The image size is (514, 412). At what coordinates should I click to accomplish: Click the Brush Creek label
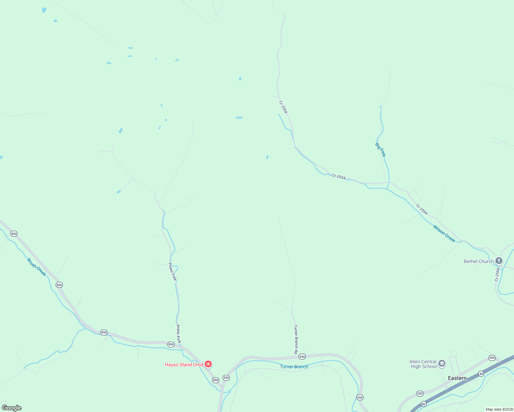(x=36, y=267)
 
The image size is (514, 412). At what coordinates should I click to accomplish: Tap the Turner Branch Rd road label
(x=295, y=340)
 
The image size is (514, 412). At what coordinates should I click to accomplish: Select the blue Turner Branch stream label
(x=294, y=367)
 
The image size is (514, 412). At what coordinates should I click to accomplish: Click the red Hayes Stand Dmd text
(x=184, y=365)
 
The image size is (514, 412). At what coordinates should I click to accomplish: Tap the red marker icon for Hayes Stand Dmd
(x=208, y=364)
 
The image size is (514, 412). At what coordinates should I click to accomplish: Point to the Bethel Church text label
(x=479, y=261)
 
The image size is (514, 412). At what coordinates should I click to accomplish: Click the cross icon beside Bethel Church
(x=499, y=261)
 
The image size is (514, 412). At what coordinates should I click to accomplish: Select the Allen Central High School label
(x=423, y=364)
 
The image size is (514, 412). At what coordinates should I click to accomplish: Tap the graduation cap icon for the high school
(x=442, y=364)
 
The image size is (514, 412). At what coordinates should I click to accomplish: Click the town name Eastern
(x=457, y=378)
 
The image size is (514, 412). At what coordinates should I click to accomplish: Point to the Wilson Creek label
(x=444, y=233)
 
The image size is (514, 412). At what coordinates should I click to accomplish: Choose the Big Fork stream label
(x=380, y=150)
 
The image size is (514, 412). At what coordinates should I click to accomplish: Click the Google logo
(x=12, y=408)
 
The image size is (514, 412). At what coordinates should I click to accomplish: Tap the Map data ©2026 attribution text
(x=499, y=409)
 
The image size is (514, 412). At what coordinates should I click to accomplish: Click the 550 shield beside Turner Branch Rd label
(x=302, y=357)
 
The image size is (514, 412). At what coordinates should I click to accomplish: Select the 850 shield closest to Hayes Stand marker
(x=215, y=380)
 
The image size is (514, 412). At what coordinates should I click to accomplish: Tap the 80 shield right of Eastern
(x=481, y=374)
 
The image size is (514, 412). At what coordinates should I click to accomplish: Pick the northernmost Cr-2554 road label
(x=283, y=107)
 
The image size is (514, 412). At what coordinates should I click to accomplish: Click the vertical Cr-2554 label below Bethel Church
(x=497, y=275)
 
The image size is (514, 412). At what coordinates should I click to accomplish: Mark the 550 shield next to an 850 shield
(x=226, y=378)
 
